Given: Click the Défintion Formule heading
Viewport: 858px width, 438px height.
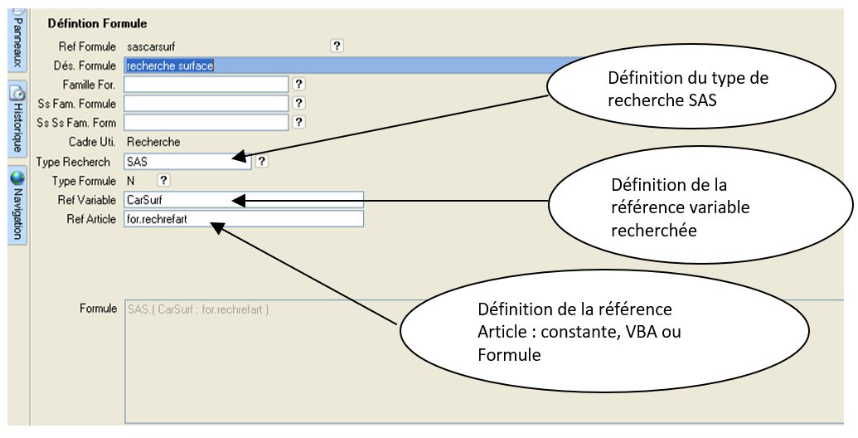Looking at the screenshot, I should [x=97, y=24].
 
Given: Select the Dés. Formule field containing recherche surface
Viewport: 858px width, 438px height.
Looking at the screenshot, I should [x=332, y=66].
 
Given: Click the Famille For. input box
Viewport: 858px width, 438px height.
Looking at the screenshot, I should [x=206, y=85].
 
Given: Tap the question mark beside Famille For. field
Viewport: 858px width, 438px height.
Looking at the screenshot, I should [x=299, y=84].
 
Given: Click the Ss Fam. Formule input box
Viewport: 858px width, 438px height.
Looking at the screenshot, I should [x=206, y=104].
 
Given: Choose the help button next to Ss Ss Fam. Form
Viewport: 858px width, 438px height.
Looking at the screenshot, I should [x=299, y=123].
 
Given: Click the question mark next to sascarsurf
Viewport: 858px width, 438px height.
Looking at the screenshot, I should [x=337, y=46].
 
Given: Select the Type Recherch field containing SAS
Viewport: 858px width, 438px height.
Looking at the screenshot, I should [x=187, y=162].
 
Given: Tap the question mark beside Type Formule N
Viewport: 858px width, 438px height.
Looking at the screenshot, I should [x=163, y=180].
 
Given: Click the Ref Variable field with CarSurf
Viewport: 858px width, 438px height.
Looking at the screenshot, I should [x=243, y=200].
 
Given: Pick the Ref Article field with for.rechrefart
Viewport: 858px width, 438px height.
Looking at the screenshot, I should [x=243, y=219].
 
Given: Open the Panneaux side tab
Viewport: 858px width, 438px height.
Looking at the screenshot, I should [x=17, y=43].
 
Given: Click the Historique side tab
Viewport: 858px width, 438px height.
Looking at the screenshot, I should [x=17, y=120].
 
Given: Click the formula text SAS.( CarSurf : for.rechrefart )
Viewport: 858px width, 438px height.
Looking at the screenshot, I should [x=198, y=309].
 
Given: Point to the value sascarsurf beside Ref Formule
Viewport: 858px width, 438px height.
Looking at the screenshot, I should [x=151, y=46].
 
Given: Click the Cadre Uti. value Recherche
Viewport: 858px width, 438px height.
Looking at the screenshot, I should [x=153, y=142].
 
